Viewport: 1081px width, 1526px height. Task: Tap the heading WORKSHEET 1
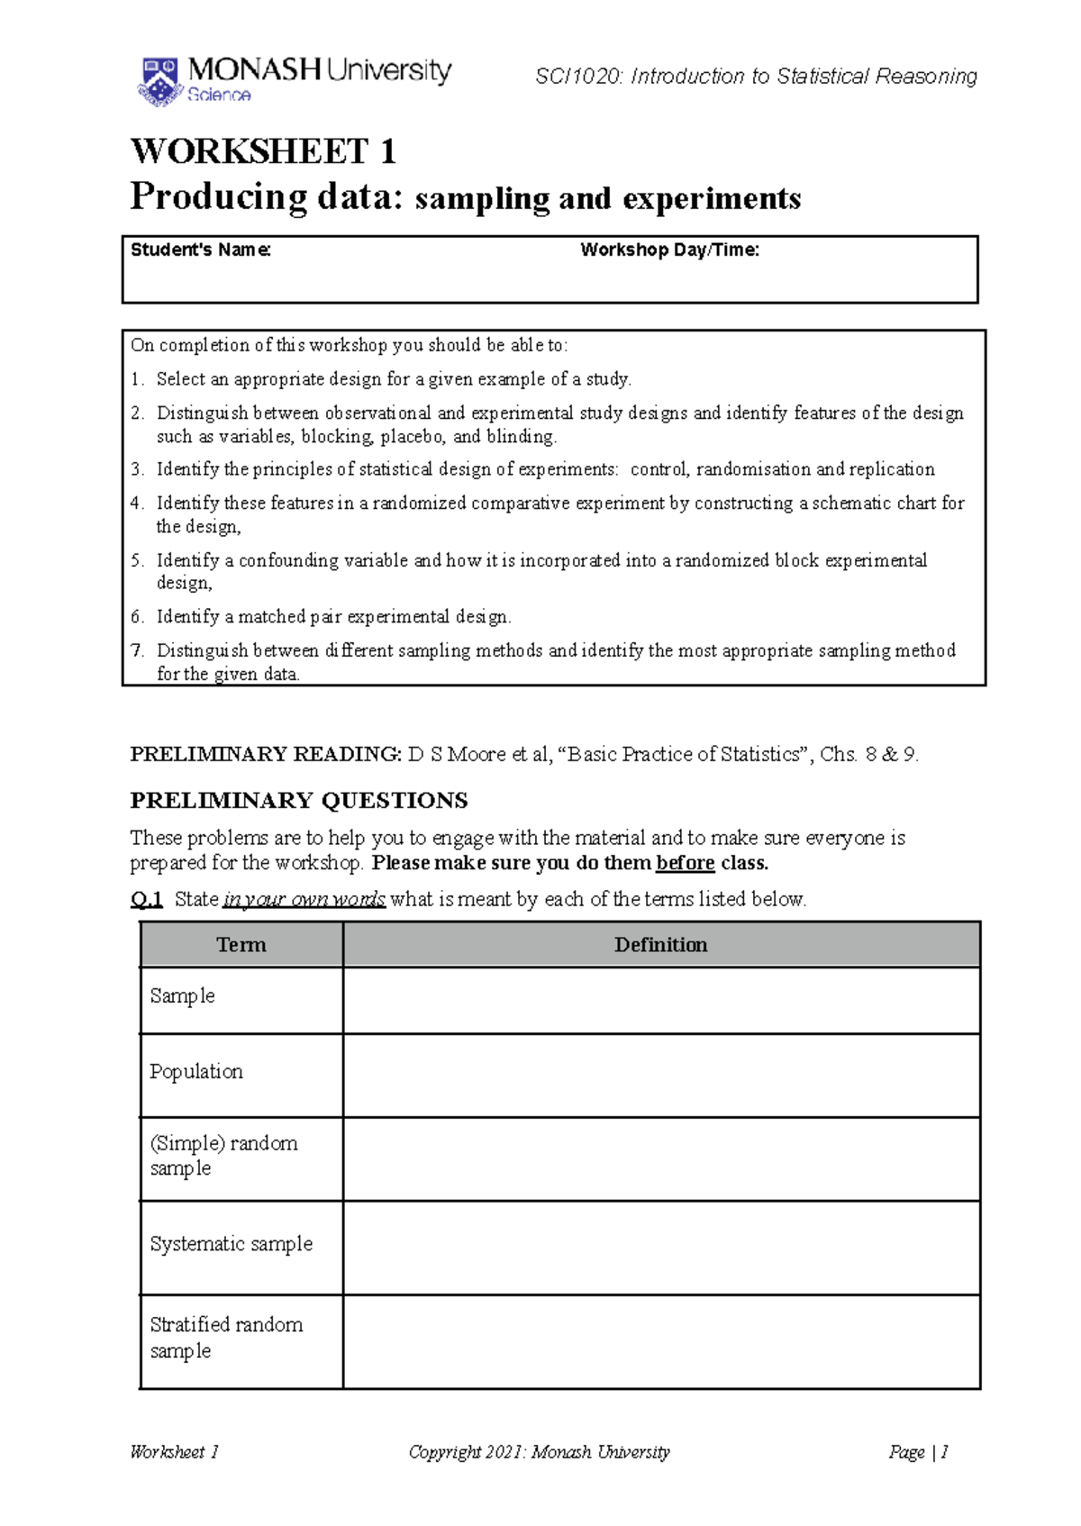pos(263,151)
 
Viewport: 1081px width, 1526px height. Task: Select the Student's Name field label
pos(200,250)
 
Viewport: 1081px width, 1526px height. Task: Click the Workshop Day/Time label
pos(669,250)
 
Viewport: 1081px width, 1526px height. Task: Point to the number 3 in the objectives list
pos(136,469)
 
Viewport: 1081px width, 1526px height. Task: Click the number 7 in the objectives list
pos(136,650)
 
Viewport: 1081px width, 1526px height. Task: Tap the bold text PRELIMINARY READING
pos(265,755)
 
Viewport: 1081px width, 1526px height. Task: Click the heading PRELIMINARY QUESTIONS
pos(298,801)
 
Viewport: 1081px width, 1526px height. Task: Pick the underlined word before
pos(685,863)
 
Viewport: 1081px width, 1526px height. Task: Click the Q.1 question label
pos(146,899)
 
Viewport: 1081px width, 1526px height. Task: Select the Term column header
pos(241,945)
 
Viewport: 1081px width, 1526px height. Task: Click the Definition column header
pos(660,945)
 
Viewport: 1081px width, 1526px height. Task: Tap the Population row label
pos(196,1072)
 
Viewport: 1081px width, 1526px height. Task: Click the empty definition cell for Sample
pos(660,1000)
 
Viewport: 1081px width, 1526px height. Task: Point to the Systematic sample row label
pos(231,1244)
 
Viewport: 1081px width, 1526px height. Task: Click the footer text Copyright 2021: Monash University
pos(539,1452)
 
